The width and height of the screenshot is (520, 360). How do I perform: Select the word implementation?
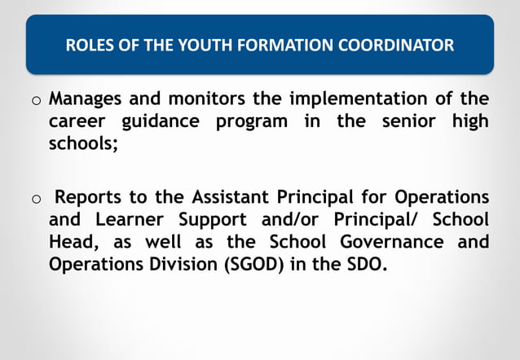(348, 99)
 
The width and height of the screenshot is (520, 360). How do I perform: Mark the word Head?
(72, 243)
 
